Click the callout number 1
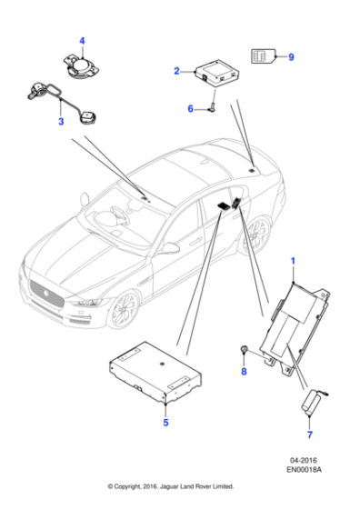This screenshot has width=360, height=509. click(x=293, y=261)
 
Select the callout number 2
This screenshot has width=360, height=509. click(x=176, y=68)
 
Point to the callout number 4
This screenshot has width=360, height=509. click(x=81, y=40)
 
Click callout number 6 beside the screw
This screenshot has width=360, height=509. click(x=191, y=108)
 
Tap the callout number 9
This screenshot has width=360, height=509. click(x=290, y=56)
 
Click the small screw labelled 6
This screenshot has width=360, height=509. click(x=210, y=108)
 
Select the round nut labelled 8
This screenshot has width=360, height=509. click(x=244, y=351)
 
